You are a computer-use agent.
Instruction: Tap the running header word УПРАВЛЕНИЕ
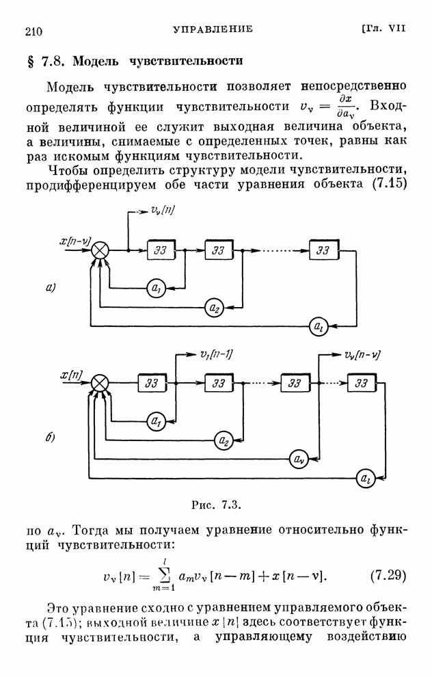click(213, 29)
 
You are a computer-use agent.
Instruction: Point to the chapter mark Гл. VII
click(384, 29)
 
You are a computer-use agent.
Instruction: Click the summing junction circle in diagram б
click(100, 384)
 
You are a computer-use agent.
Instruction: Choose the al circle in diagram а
click(319, 326)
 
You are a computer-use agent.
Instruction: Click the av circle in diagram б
click(298, 459)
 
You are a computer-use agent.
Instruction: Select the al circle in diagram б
click(366, 479)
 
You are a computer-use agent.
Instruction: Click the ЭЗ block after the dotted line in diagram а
click(323, 250)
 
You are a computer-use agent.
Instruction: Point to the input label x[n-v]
click(77, 241)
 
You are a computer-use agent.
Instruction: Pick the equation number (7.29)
click(388, 574)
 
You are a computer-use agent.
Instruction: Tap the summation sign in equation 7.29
click(161, 576)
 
